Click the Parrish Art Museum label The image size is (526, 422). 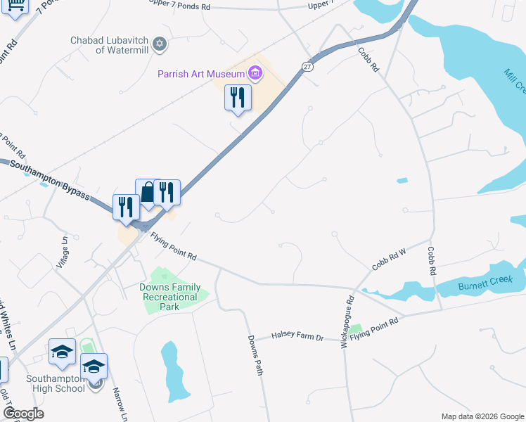pos(201,73)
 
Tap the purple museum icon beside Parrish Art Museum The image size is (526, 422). pos(255,73)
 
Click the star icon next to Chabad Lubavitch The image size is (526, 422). pos(160,44)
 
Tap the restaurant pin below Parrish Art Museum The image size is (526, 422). pos(238,98)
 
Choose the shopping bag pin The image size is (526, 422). pos(148,193)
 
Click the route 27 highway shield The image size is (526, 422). pos(307,65)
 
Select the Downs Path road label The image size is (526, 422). pos(255,354)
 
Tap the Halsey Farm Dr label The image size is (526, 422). pos(298,338)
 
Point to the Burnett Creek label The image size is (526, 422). pos(482,280)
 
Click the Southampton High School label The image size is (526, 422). pos(56,383)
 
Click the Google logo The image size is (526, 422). pos(24,414)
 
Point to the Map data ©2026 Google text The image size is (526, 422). pos(482,416)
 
